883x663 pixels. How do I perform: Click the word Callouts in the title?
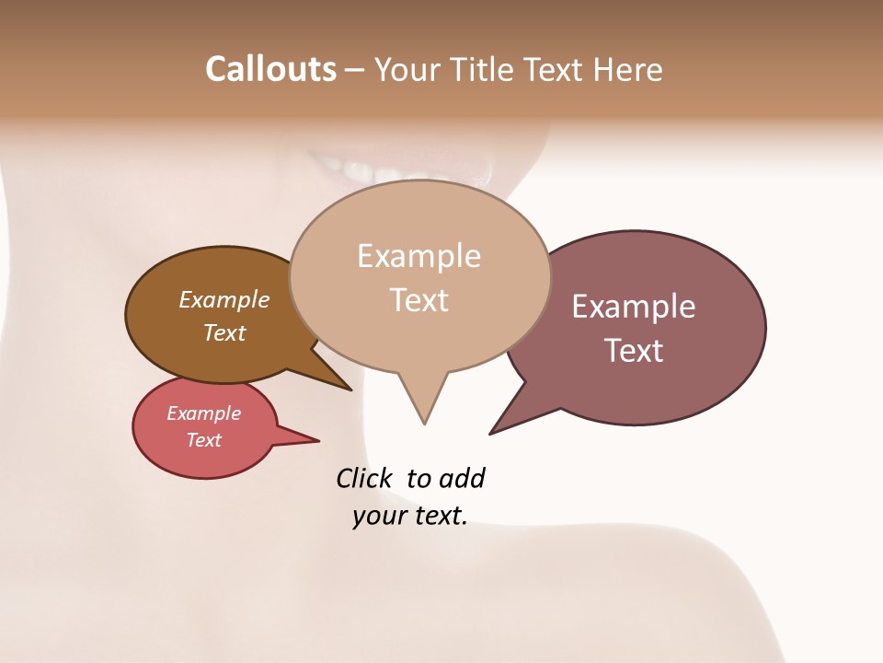pyautogui.click(x=270, y=70)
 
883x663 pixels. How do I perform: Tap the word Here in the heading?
pyautogui.click(x=628, y=70)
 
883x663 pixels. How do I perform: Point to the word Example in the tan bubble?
pyautogui.click(x=419, y=256)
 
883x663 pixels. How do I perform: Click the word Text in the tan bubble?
pyautogui.click(x=419, y=300)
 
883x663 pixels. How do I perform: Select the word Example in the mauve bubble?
pyautogui.click(x=633, y=307)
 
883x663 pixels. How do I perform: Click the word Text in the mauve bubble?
pyautogui.click(x=634, y=351)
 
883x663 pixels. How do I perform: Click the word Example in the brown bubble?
pyautogui.click(x=224, y=300)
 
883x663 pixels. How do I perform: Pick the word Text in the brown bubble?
pyautogui.click(x=224, y=333)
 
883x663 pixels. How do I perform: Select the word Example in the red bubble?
pyautogui.click(x=203, y=414)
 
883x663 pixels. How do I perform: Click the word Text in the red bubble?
pyautogui.click(x=204, y=440)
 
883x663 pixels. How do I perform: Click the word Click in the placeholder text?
pyautogui.click(x=363, y=479)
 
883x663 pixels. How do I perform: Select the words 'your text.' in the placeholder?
pyautogui.click(x=409, y=516)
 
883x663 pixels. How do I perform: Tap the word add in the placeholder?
pyautogui.click(x=461, y=479)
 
